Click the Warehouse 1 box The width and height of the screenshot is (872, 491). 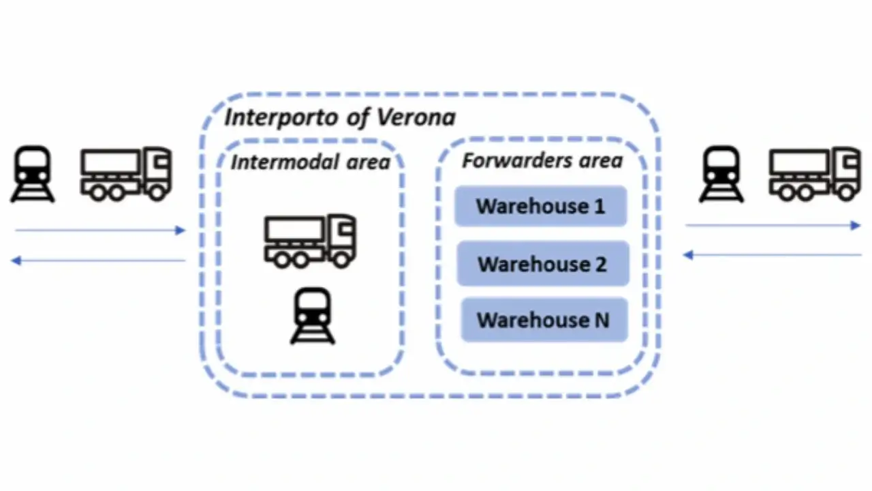(x=541, y=206)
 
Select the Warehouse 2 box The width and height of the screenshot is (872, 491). (x=543, y=264)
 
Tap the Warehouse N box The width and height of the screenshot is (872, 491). (x=544, y=320)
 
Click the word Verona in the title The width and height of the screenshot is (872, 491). (x=416, y=117)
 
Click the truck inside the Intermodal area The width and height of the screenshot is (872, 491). (x=310, y=241)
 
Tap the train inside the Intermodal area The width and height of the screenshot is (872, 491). (x=313, y=316)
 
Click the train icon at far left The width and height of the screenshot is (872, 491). (x=33, y=174)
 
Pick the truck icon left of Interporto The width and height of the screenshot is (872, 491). (x=126, y=174)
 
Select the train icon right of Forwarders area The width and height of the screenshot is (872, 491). (x=721, y=174)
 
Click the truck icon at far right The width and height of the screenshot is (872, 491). (x=815, y=174)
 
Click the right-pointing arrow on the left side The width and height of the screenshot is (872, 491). (x=100, y=230)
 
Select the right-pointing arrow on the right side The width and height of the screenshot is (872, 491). (x=773, y=225)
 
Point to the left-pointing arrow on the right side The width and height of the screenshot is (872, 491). (x=773, y=255)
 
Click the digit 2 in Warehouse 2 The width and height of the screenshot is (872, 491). (x=601, y=265)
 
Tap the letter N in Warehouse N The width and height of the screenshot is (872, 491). (x=602, y=321)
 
